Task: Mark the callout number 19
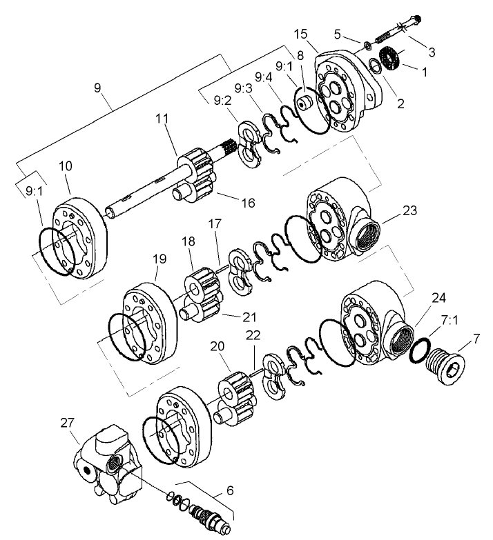pos(159,259)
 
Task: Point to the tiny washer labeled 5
pos(367,46)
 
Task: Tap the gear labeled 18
pos(200,279)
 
